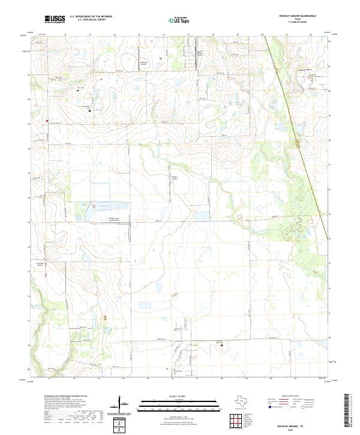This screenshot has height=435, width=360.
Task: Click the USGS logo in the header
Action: pos(55,20)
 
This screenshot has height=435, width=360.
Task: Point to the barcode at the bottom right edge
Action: pos(348,413)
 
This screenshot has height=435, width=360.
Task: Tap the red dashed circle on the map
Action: pos(240,217)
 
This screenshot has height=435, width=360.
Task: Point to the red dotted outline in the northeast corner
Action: pos(310,77)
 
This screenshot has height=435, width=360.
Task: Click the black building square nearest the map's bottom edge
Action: pos(221,345)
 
